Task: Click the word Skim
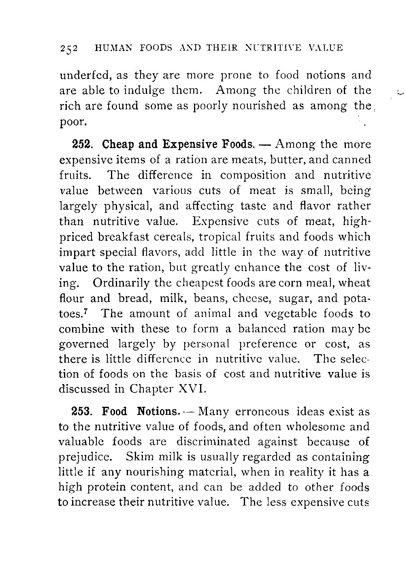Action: point(139,457)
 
